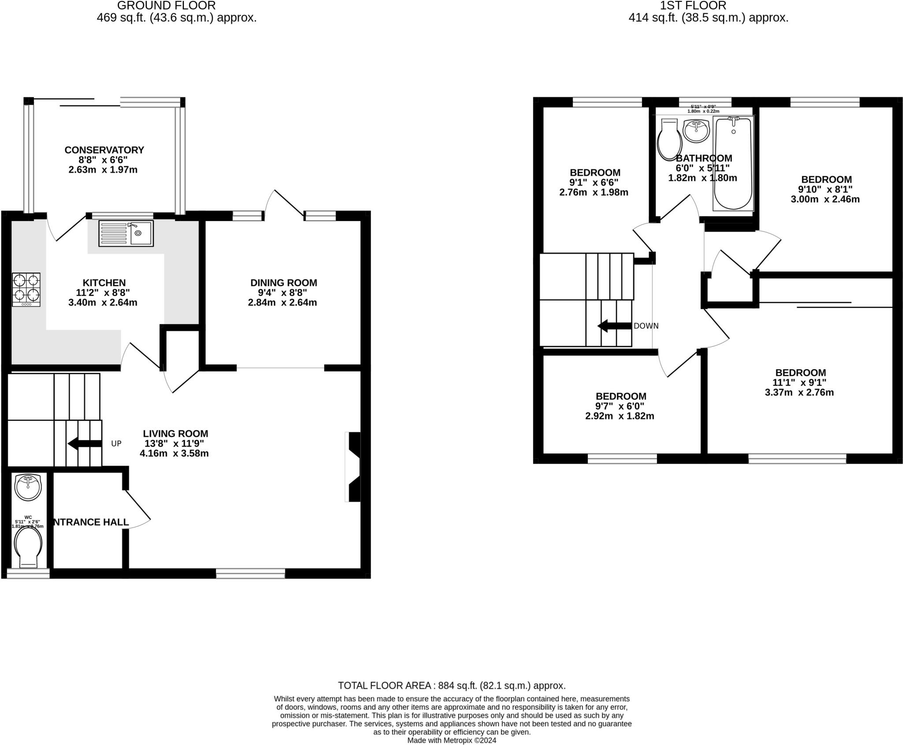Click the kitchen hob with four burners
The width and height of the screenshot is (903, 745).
(x=26, y=289)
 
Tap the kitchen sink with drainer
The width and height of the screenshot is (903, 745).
(x=126, y=233)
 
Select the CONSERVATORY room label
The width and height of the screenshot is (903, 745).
(x=104, y=150)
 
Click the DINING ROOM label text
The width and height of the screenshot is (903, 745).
(x=284, y=283)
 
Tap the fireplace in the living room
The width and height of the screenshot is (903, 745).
(x=354, y=467)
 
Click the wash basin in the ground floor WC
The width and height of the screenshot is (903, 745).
(x=28, y=487)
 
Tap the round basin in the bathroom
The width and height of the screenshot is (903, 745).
(x=696, y=131)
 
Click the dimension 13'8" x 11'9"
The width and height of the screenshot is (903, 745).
(x=175, y=444)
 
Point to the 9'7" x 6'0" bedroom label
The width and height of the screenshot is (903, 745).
(x=620, y=406)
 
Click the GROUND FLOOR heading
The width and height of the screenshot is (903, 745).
(x=166, y=6)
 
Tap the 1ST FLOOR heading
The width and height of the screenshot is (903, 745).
(x=693, y=6)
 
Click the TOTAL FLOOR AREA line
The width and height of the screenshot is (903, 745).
(x=451, y=685)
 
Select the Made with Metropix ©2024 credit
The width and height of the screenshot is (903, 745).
(x=451, y=740)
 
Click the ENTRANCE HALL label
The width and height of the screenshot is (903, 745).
(x=91, y=522)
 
